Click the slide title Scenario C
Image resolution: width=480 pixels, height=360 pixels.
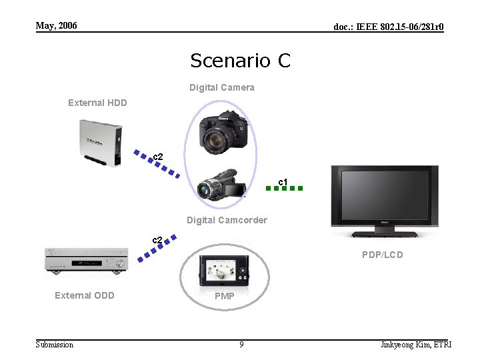(240, 61)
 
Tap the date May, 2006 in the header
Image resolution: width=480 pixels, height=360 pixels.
(56, 26)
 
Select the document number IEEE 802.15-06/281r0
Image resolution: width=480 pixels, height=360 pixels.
(388, 27)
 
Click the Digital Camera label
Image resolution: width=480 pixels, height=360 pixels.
(221, 87)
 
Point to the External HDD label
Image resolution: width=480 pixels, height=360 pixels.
(97, 103)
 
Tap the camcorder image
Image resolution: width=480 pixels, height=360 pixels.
(223, 185)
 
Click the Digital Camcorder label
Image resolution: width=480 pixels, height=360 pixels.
(227, 220)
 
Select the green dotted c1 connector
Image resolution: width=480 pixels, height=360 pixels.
(284, 189)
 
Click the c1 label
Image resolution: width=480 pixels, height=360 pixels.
(283, 181)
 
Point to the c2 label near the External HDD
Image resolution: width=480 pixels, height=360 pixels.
(158, 157)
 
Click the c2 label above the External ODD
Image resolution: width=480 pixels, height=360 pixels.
(157, 239)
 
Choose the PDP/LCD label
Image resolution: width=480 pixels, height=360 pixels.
(382, 255)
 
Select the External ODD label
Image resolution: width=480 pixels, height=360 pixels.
(85, 295)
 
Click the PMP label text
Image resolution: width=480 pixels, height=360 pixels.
(225, 296)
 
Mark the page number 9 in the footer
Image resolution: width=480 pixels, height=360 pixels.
(241, 344)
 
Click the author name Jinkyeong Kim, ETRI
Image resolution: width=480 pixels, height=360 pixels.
(415, 344)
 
